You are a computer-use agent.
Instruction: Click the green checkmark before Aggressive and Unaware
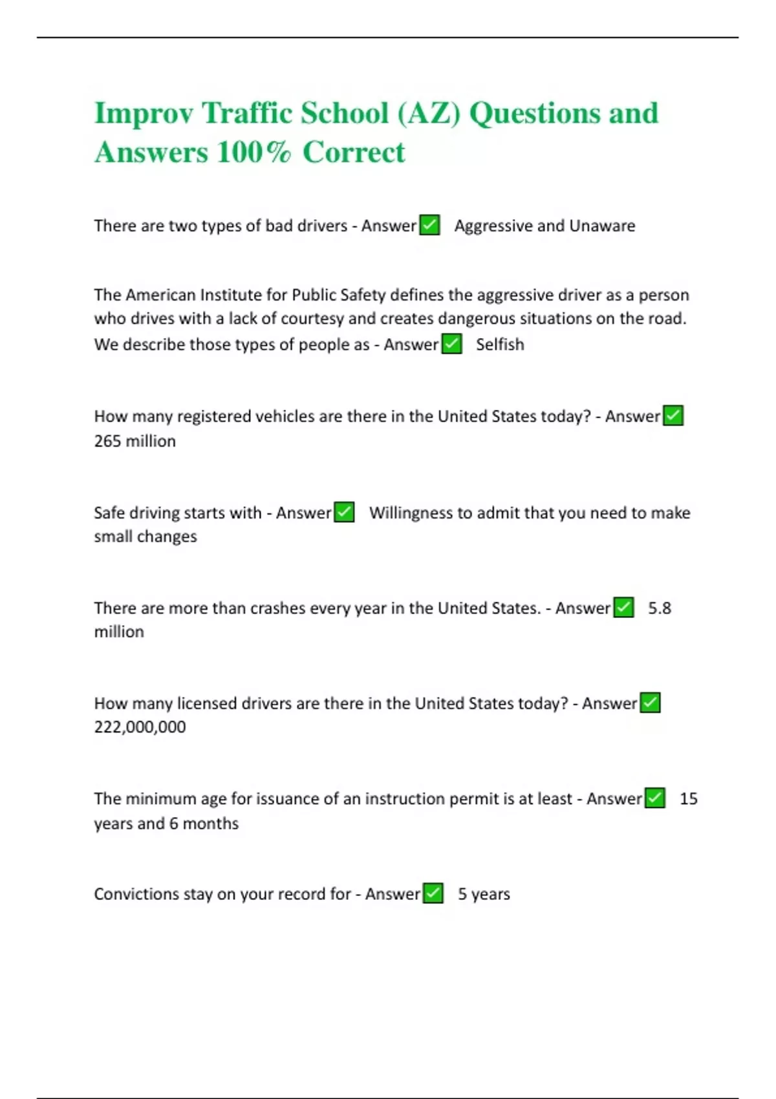429,225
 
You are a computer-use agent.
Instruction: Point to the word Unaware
602,226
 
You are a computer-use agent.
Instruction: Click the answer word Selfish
500,345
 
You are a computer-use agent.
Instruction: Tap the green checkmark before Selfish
452,344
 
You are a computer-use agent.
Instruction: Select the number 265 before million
107,442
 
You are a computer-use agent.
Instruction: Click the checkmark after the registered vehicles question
673,416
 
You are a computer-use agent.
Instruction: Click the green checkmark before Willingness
344,512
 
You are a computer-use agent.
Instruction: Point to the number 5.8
660,608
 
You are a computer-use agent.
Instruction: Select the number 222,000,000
140,727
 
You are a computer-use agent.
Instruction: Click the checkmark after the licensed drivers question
650,703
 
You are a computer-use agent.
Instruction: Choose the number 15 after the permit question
689,799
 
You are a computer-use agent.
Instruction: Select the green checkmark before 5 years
433,893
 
